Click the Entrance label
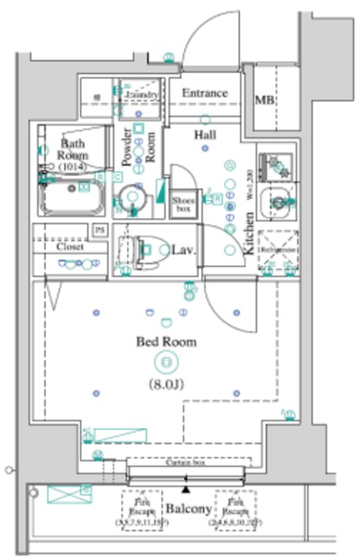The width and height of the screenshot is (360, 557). tap(205, 93)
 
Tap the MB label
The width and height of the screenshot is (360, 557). tap(264, 100)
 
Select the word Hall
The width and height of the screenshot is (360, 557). tap(205, 137)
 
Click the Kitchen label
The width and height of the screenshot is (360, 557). tap(249, 233)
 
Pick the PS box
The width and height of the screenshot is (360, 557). tap(99, 230)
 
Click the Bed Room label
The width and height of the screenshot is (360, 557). tap(165, 342)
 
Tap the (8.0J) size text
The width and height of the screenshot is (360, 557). tap(163, 382)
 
